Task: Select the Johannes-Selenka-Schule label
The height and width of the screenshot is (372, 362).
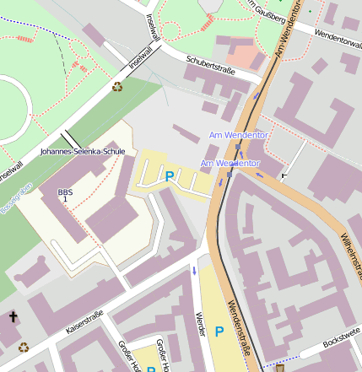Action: click(83, 152)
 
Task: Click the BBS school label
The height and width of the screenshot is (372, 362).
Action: click(65, 193)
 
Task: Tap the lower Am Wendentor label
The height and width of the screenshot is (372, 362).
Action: click(230, 162)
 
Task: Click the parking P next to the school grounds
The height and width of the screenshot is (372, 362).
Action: click(170, 176)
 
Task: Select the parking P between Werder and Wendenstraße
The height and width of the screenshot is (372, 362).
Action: click(219, 332)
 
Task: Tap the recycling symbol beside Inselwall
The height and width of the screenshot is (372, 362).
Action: click(117, 86)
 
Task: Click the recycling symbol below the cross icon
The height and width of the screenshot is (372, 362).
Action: click(24, 346)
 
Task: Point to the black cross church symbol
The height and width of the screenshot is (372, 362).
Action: click(13, 317)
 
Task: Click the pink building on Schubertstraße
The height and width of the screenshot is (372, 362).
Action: click(246, 57)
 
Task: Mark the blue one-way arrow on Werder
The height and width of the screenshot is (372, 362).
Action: click(194, 271)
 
